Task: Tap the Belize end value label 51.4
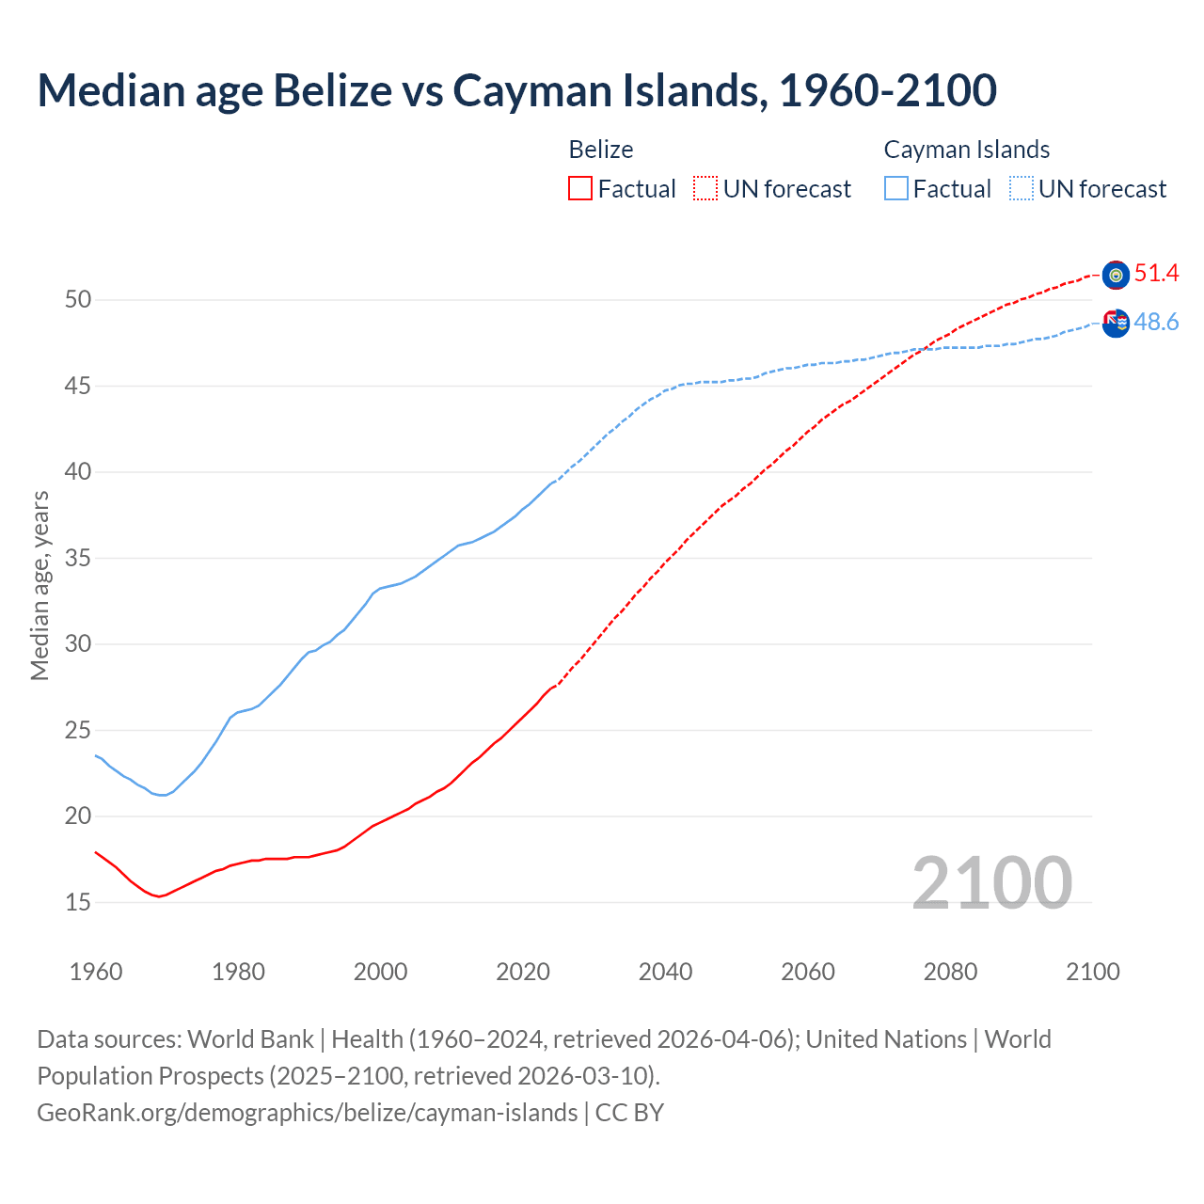(1156, 274)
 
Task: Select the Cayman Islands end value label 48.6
(1156, 323)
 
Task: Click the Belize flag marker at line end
(1116, 275)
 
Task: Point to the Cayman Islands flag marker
(1116, 323)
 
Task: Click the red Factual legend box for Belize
(580, 189)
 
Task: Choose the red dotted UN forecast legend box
(705, 189)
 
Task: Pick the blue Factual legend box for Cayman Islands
(896, 189)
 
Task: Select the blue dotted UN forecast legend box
(1022, 189)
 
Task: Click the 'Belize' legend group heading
(601, 150)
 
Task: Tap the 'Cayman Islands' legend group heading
(966, 150)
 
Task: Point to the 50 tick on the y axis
(78, 300)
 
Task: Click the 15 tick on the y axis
(78, 902)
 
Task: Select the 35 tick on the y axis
(78, 559)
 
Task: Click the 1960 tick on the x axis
(96, 972)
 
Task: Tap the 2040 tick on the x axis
(665, 972)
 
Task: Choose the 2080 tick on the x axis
(950, 972)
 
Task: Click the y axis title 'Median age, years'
(40, 585)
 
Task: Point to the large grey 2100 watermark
(991, 883)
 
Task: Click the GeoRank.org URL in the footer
(307, 1113)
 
